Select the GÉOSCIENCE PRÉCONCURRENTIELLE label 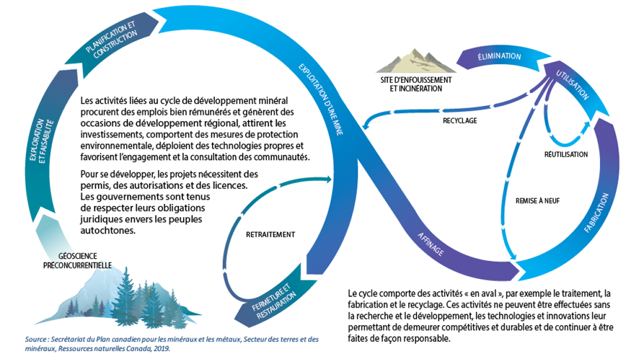click(77, 260)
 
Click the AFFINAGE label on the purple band click(431, 244)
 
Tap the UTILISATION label click(573, 85)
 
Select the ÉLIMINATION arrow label click(499, 56)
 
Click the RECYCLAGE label click(460, 121)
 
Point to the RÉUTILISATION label click(566, 154)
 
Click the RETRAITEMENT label click(271, 234)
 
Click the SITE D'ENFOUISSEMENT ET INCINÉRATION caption click(413, 84)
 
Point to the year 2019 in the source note click(162, 348)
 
